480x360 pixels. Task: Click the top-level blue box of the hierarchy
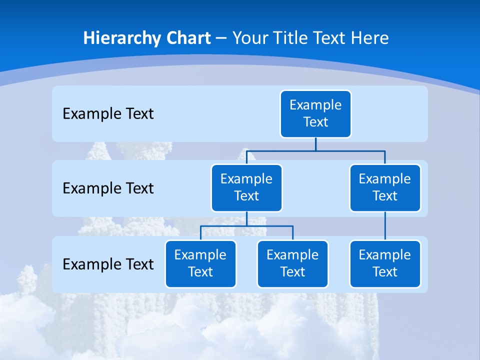click(315, 113)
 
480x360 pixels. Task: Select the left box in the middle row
click(246, 187)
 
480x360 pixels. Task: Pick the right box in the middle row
click(385, 187)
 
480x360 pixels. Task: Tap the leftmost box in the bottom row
click(200, 263)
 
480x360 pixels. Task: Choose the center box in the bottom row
click(292, 263)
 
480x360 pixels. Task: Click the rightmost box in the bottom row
click(385, 263)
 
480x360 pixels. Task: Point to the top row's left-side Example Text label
click(108, 114)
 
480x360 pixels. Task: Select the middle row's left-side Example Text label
click(108, 188)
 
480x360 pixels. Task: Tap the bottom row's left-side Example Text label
click(108, 264)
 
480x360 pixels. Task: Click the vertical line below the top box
click(315, 144)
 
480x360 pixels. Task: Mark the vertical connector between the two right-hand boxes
click(385, 226)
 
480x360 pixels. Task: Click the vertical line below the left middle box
click(246, 219)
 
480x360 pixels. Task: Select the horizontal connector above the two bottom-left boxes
click(225, 226)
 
